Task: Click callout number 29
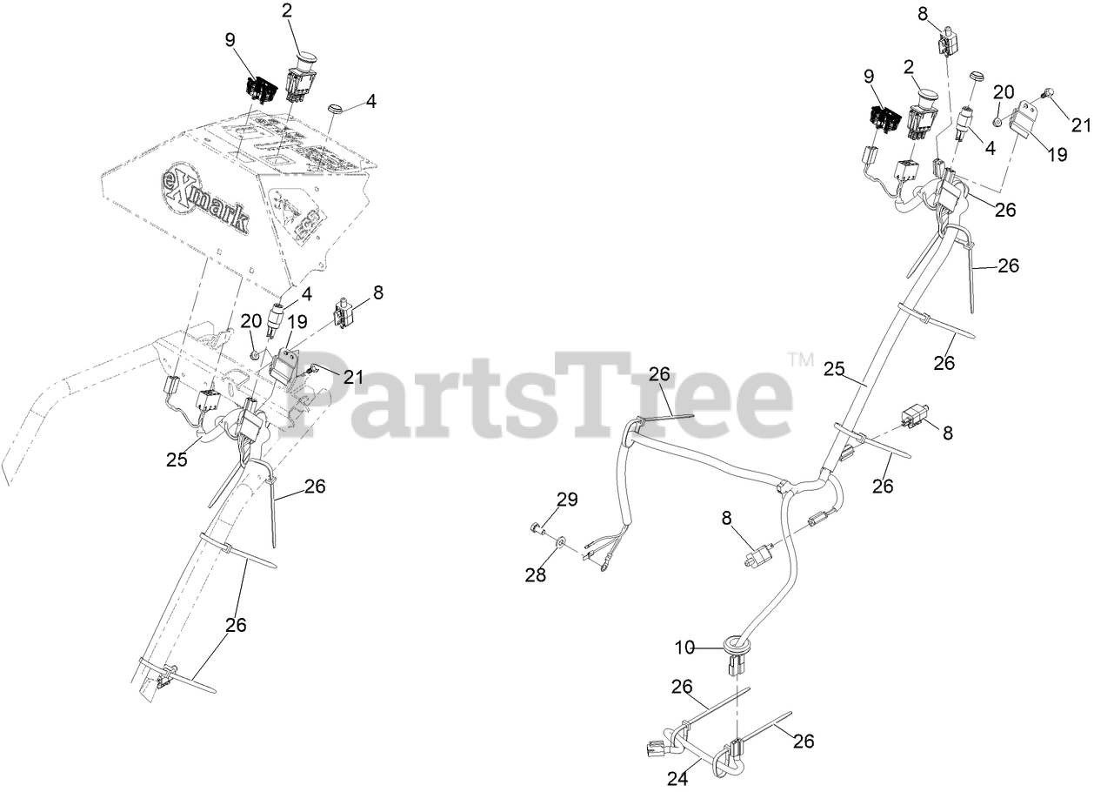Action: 567,500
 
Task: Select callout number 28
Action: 537,574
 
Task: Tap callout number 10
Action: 686,648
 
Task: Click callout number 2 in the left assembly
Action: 288,11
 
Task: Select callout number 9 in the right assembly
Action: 870,76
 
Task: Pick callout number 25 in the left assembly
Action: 177,460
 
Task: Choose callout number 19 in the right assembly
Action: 1056,156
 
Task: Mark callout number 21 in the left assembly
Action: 353,377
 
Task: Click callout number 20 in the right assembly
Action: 1004,92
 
